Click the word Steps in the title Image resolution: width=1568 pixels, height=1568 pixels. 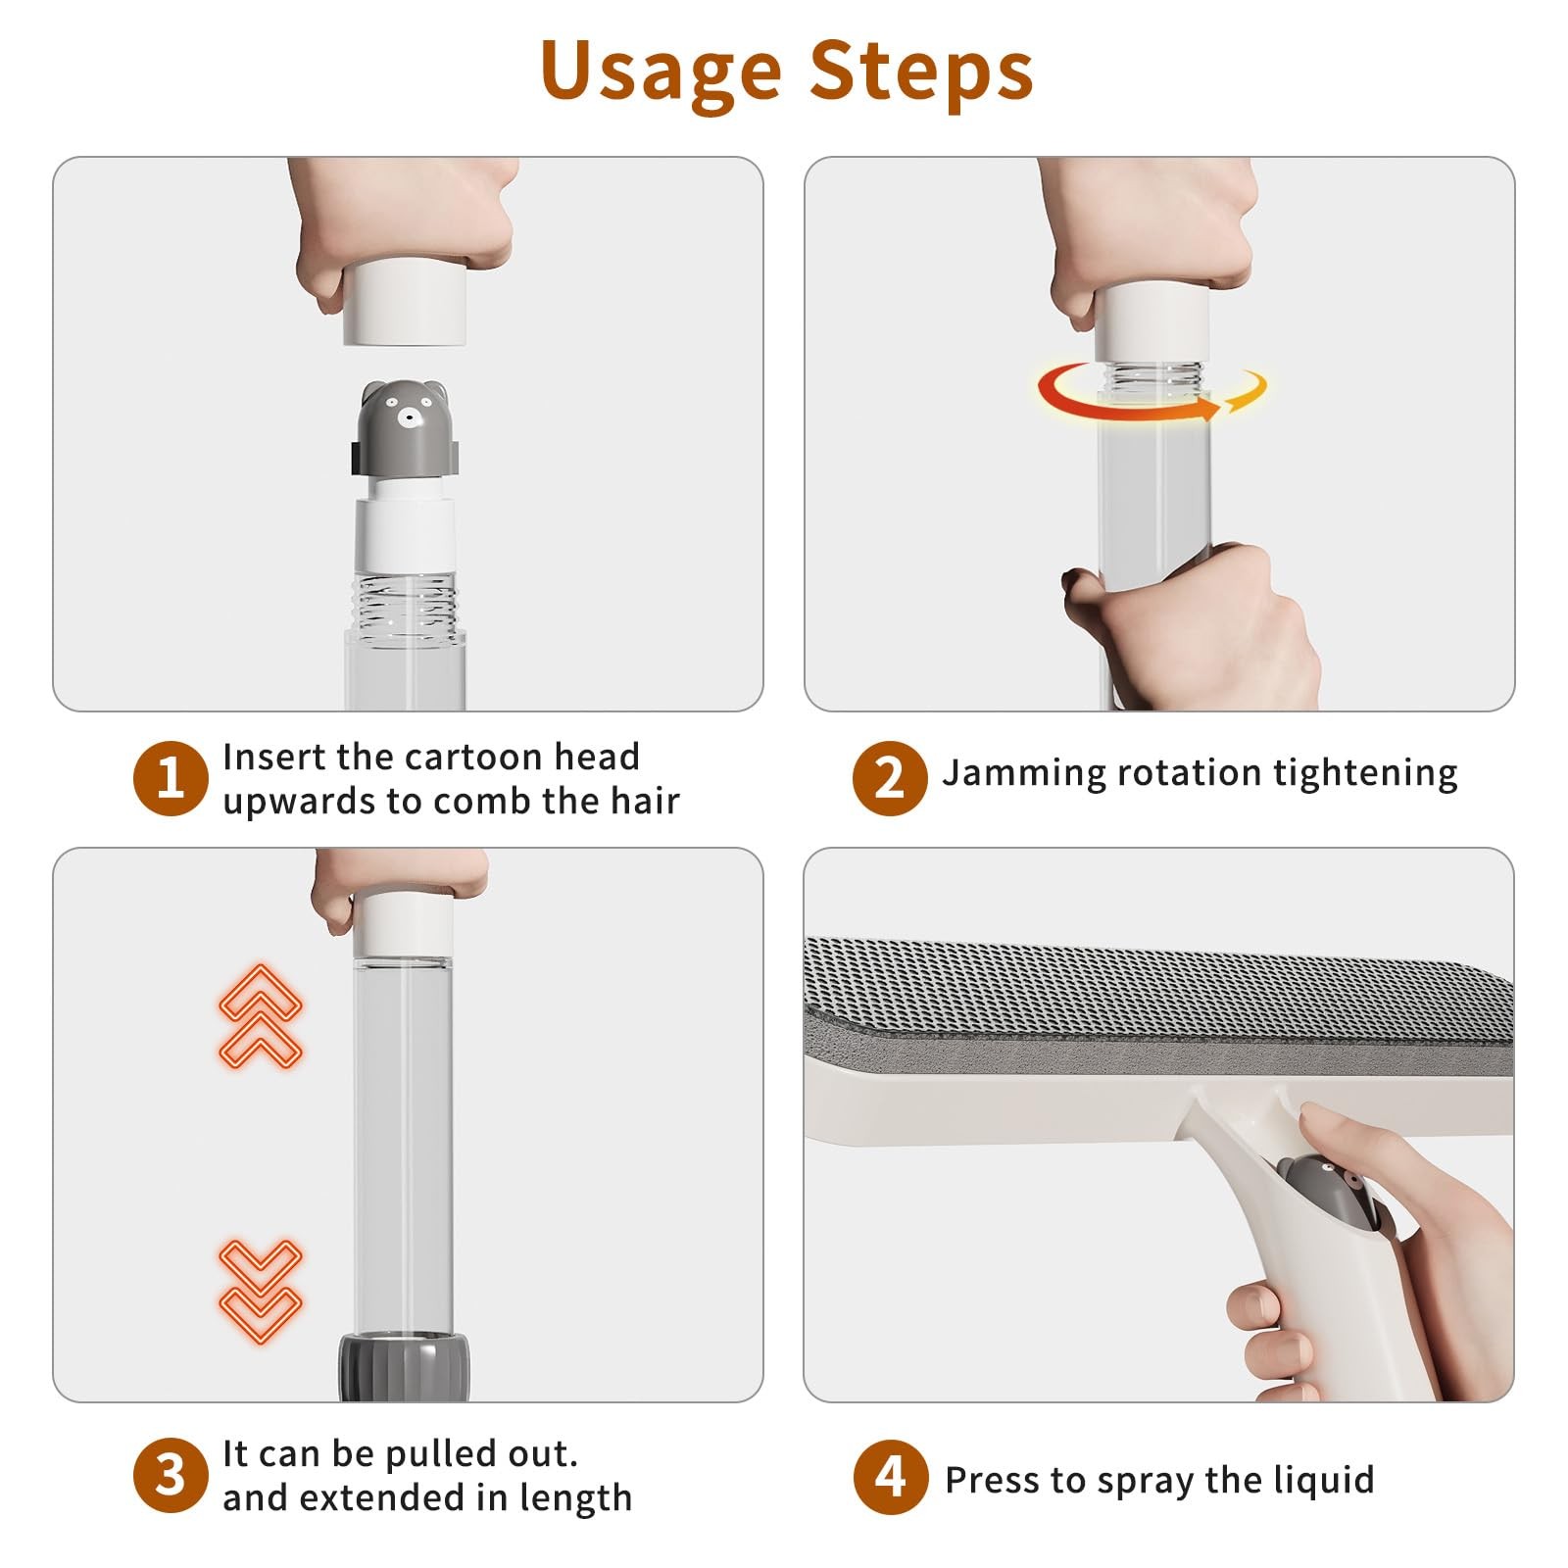[922, 71]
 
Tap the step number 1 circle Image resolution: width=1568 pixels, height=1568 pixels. [171, 779]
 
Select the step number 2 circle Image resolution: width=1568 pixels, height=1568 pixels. [889, 778]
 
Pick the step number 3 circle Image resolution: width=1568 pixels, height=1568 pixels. [171, 1475]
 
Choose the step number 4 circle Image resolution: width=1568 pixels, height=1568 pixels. [889, 1477]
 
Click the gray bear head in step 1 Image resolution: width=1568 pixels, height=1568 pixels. [405, 427]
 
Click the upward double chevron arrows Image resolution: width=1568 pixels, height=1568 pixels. [260, 1016]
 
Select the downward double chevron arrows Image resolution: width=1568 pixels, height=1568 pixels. [260, 1291]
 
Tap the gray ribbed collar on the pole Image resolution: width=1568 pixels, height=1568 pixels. [404, 1366]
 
